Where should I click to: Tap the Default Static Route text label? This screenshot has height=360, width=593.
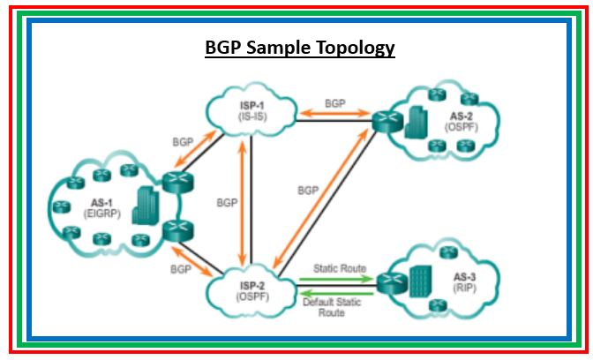[330, 307]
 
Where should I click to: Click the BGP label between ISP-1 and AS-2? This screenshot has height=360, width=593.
[335, 102]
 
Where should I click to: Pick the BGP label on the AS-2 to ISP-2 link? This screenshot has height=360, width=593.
[308, 190]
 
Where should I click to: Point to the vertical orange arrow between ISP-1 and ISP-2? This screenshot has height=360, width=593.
[244, 203]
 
